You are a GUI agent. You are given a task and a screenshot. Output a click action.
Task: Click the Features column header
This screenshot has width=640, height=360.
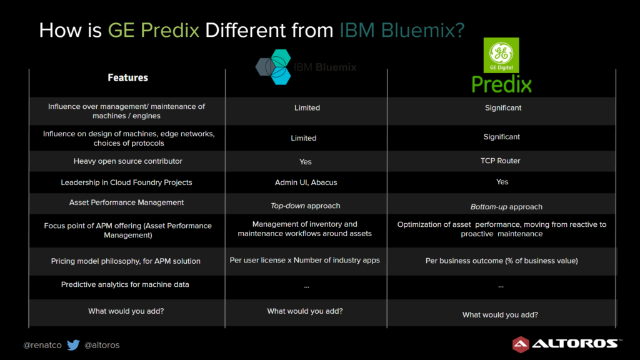[127, 77]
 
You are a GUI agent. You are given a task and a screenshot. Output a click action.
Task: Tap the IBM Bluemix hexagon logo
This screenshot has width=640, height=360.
[274, 67]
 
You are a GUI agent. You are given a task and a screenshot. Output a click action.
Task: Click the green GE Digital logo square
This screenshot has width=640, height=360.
[501, 55]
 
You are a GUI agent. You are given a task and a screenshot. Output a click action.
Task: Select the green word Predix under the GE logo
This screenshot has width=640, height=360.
[502, 84]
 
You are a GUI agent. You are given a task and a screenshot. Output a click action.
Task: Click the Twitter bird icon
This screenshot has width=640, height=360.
[74, 345]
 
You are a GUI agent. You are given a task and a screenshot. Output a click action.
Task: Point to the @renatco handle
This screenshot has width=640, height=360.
[42, 345]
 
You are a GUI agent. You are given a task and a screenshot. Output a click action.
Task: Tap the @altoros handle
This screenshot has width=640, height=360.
[102, 345]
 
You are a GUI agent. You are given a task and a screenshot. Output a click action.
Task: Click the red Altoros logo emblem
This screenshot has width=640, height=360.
[521, 344]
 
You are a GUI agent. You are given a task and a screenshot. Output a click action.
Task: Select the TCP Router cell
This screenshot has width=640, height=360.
[501, 161]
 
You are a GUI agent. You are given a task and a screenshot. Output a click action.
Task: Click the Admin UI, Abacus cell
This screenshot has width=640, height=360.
[306, 182]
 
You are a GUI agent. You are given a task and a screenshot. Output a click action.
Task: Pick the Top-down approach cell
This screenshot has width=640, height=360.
[305, 206]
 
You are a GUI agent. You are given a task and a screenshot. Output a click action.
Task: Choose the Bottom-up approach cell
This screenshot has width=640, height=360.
[506, 207]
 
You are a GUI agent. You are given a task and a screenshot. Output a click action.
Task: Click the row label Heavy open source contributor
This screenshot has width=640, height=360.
[127, 161]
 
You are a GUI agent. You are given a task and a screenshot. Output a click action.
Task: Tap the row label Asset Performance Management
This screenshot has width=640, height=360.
[126, 202]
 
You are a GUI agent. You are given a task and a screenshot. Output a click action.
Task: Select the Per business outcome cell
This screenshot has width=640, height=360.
[502, 261]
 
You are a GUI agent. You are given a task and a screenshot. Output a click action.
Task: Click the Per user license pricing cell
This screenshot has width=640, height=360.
[304, 260]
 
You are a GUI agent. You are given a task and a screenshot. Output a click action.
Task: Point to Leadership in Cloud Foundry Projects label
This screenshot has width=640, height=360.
[126, 182]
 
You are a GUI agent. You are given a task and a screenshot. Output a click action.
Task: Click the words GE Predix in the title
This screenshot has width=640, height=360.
[154, 30]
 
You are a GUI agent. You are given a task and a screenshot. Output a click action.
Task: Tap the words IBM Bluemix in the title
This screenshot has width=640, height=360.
[402, 30]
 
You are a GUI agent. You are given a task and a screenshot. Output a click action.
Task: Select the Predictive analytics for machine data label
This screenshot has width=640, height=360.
[125, 284]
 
